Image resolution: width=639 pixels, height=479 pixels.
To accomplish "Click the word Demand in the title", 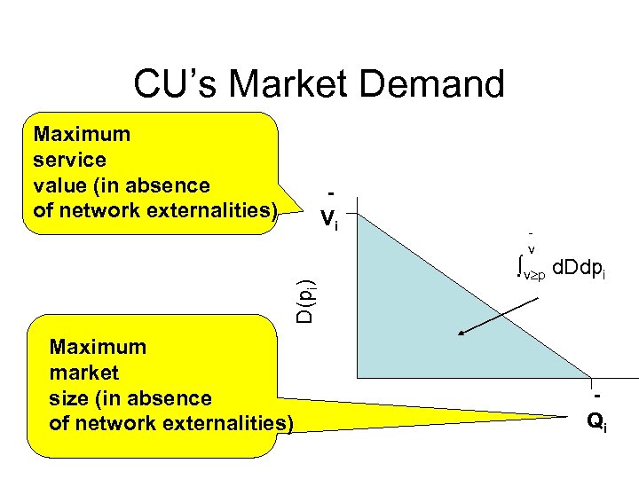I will [441, 85].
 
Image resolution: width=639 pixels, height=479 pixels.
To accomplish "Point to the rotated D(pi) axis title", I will [304, 299].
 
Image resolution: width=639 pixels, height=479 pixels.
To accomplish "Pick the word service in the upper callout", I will [69, 161].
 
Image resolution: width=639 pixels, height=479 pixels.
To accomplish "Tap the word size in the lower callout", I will [68, 398].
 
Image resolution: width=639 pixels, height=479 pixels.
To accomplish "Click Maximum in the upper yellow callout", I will [82, 135].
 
